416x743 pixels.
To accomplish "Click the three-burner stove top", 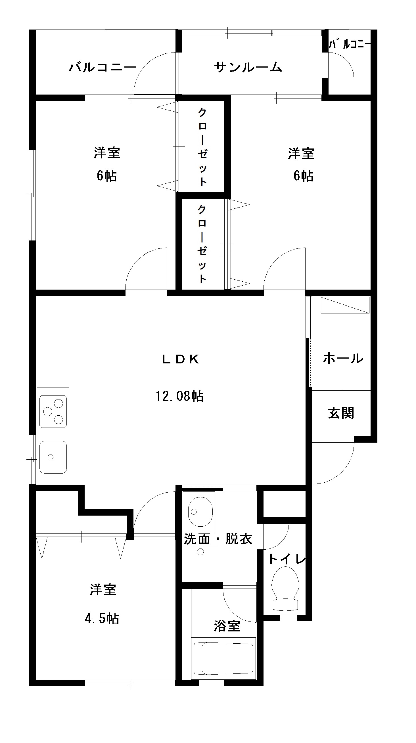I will pos(53,411).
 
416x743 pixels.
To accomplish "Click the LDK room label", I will pos(181,359).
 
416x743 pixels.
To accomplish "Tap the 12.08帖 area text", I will pos(180,396).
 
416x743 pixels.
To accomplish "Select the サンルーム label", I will pos(248,67).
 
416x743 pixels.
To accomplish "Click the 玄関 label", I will pos(341,413).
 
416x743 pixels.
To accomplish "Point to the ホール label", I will pos(343,358).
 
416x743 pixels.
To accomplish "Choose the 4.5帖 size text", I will pos(102,618).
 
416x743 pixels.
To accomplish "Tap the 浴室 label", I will pos(227,626).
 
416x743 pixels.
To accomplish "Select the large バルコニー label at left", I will pos(103,67).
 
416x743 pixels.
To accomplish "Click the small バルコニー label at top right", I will pos(349,44).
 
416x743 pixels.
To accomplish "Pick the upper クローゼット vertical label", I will pos(202,146).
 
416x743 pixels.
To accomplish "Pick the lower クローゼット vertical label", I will pos(202,244).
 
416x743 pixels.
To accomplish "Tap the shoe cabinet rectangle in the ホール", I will pos(345,305).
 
